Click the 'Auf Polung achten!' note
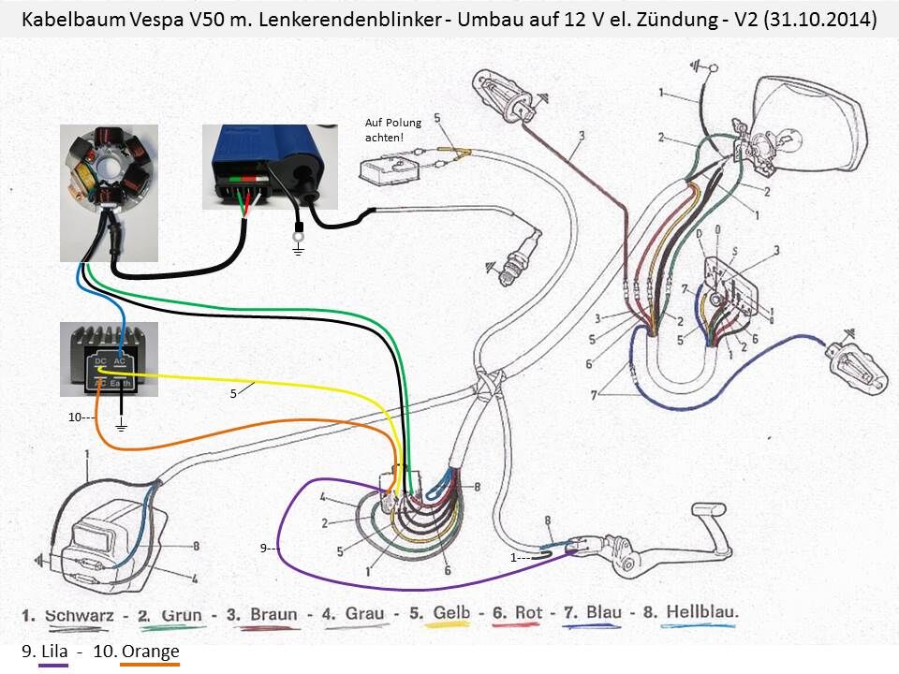[x=392, y=130]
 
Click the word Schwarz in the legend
[x=79, y=615]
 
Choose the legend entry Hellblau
[x=701, y=613]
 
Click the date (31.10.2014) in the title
[x=820, y=20]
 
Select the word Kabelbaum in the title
[x=70, y=20]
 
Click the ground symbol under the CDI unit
[x=299, y=248]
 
